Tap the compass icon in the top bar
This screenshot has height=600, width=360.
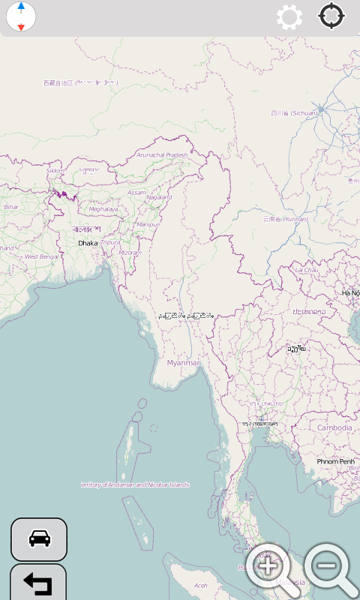[21, 16]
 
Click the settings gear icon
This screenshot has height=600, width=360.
[289, 16]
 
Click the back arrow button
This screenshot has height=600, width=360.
[38, 583]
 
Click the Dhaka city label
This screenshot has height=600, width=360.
[88, 243]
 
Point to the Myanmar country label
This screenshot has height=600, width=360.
[184, 363]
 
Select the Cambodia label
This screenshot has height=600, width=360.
[334, 427]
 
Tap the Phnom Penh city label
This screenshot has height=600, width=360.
[334, 461]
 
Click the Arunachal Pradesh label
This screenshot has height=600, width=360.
[161, 154]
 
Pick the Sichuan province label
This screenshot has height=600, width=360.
[295, 113]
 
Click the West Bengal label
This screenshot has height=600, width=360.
[41, 256]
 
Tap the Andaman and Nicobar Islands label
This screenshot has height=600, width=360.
[135, 484]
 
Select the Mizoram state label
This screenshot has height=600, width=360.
[130, 253]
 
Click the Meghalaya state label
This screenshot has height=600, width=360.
[103, 209]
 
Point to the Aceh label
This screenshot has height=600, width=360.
[201, 585]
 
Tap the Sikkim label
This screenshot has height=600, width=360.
[55, 171]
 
